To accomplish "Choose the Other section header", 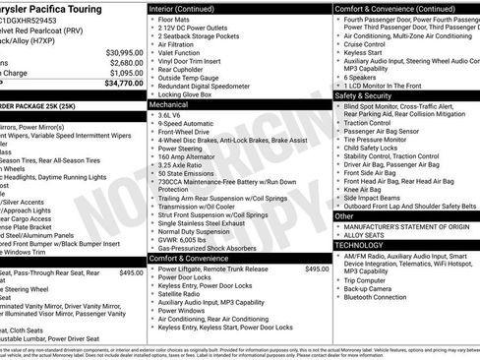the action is [x=344, y=215].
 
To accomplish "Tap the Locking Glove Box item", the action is [x=192, y=91].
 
